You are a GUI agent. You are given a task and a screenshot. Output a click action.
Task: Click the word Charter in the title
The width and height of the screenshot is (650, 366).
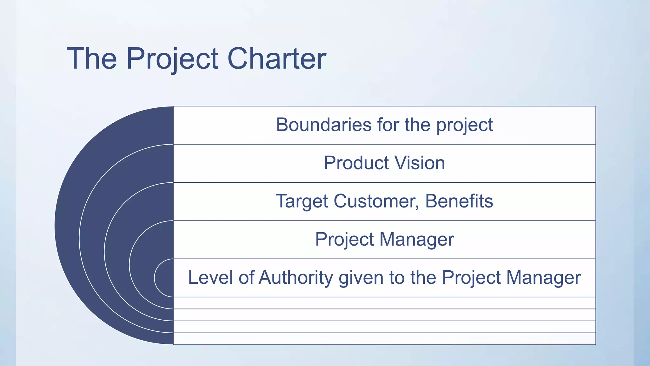(277, 58)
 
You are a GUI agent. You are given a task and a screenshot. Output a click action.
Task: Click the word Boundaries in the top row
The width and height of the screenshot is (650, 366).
(323, 125)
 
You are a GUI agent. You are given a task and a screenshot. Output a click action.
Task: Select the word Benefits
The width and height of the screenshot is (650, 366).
(459, 201)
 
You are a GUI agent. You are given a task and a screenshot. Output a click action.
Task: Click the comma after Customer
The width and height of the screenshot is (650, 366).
(418, 207)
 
